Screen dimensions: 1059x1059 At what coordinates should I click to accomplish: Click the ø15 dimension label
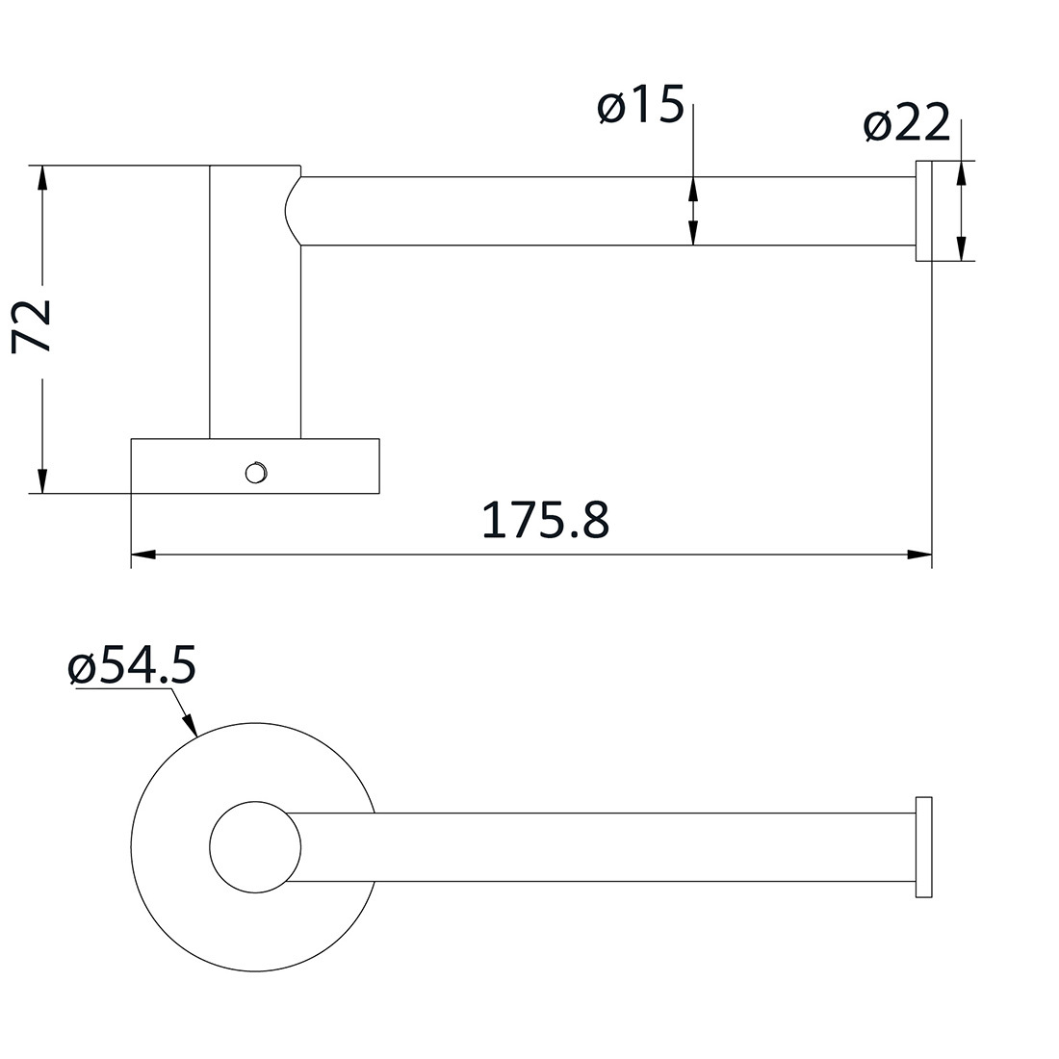(640, 106)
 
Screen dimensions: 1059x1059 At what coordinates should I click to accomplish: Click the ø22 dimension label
(906, 123)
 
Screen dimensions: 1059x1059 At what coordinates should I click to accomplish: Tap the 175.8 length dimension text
(545, 521)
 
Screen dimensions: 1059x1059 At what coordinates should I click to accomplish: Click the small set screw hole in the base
(255, 472)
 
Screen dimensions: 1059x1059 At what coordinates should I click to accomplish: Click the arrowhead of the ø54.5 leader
(191, 727)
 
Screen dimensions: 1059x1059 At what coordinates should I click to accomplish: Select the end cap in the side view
(922, 211)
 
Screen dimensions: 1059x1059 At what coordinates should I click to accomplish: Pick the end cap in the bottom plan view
(923, 847)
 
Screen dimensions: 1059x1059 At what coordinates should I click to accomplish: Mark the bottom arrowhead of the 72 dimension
(41, 481)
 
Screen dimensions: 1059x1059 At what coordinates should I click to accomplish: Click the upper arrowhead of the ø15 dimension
(692, 189)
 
